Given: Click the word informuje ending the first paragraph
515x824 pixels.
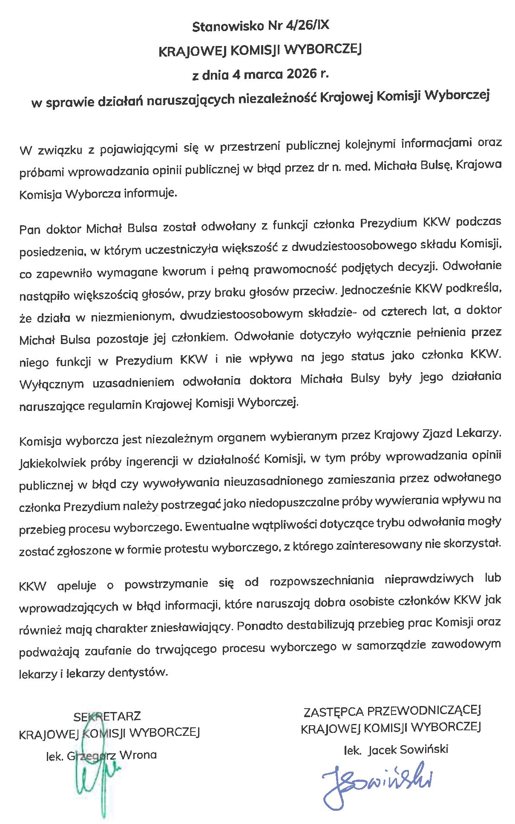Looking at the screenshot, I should (x=150, y=194).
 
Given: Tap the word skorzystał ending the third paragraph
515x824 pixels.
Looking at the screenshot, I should (x=471, y=544).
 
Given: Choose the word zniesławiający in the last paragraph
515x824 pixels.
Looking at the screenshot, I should (x=190, y=627).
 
